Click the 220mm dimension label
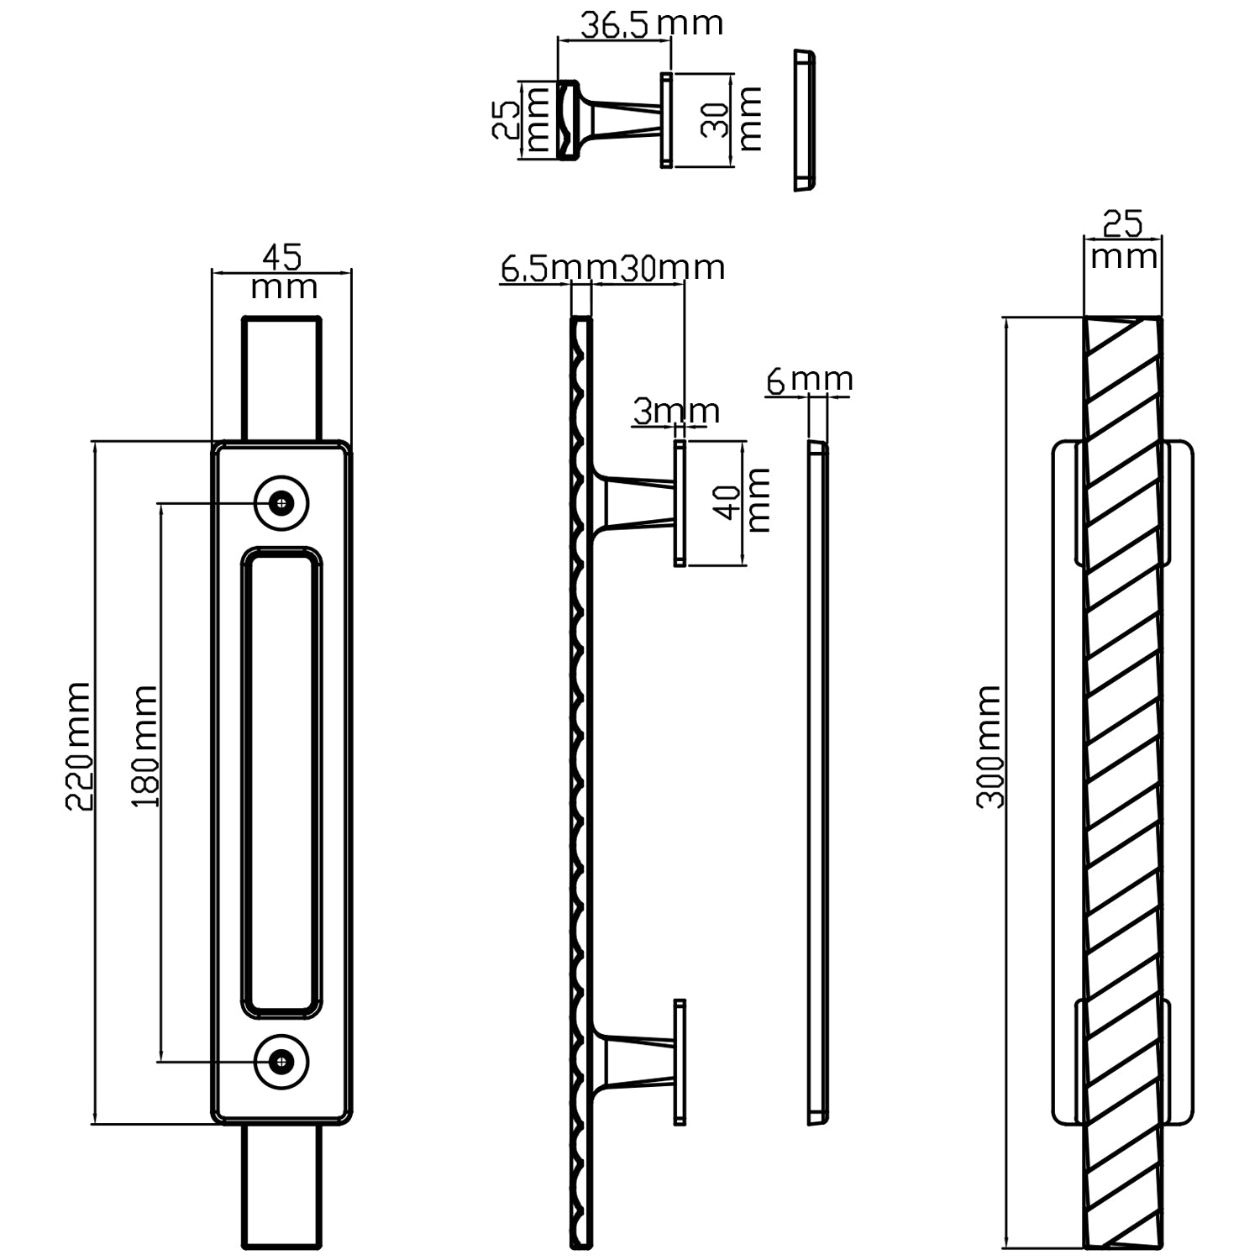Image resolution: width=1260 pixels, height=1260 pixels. [78, 745]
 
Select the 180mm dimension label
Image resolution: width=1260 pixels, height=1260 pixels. [145, 747]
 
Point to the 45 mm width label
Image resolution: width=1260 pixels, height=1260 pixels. [283, 270]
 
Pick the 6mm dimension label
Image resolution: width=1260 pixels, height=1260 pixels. [809, 381]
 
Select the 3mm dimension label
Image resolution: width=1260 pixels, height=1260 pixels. [675, 412]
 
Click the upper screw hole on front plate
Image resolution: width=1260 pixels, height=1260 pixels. [281, 503]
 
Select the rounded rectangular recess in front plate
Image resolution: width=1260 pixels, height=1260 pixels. [281, 781]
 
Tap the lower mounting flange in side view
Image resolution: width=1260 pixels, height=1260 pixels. [679, 1062]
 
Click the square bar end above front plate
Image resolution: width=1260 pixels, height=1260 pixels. [281, 378]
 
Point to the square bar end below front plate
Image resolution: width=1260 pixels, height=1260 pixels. [281, 1186]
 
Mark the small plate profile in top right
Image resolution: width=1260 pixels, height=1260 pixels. [804, 120]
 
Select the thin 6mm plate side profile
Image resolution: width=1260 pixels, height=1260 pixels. [817, 781]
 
